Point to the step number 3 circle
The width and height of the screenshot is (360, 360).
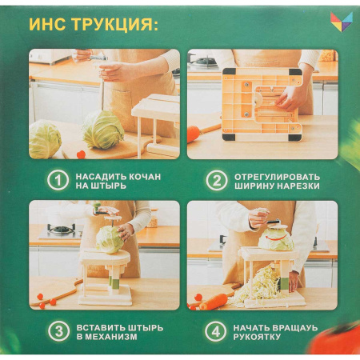58,331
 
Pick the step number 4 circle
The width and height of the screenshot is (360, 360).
215,331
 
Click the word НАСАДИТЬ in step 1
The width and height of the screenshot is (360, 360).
102,175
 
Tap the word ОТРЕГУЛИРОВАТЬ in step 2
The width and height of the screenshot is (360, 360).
277,175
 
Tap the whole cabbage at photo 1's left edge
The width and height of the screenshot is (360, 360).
44,139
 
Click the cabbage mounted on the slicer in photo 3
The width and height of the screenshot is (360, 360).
109,238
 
